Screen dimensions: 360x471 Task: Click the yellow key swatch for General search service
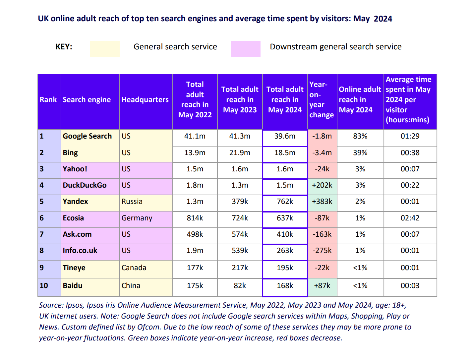105,49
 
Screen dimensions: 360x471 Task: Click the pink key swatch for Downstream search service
246,49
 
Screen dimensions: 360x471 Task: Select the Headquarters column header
145,100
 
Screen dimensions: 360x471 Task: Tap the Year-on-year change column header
322,100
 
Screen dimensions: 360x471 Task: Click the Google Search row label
87,136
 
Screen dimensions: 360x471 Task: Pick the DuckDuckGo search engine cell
85,185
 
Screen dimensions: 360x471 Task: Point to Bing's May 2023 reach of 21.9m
240,153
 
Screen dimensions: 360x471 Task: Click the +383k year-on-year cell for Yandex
322,202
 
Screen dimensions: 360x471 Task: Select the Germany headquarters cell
137,218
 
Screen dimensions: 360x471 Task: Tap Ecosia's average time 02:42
410,218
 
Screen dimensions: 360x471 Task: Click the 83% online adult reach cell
360,136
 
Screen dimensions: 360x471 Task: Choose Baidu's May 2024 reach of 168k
285,286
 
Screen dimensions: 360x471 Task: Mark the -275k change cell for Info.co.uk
322,251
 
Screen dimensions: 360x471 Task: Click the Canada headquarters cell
134,268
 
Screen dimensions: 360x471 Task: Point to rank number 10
44,286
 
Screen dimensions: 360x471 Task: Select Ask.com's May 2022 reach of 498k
195,234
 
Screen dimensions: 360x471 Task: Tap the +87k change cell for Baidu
322,286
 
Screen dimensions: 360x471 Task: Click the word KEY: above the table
64,47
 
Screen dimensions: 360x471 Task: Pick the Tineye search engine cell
74,268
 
